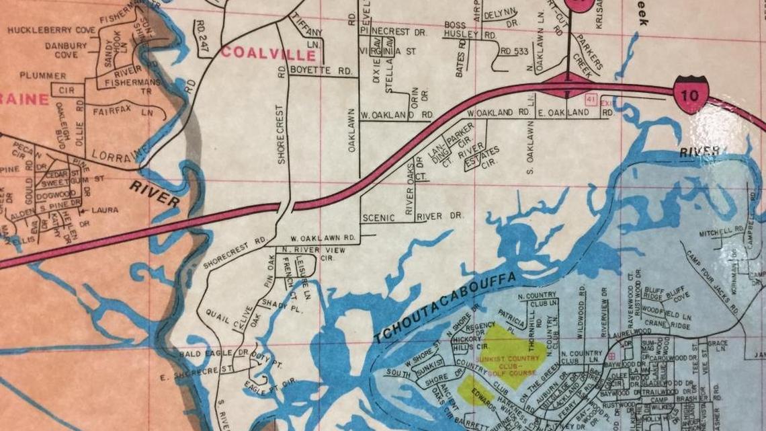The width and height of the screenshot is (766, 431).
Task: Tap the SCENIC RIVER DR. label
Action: click(413, 217)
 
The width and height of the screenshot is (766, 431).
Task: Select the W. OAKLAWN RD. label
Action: click(323, 238)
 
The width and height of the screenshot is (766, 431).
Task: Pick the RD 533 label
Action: click(515, 50)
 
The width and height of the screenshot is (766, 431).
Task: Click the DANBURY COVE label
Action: click(66, 50)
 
